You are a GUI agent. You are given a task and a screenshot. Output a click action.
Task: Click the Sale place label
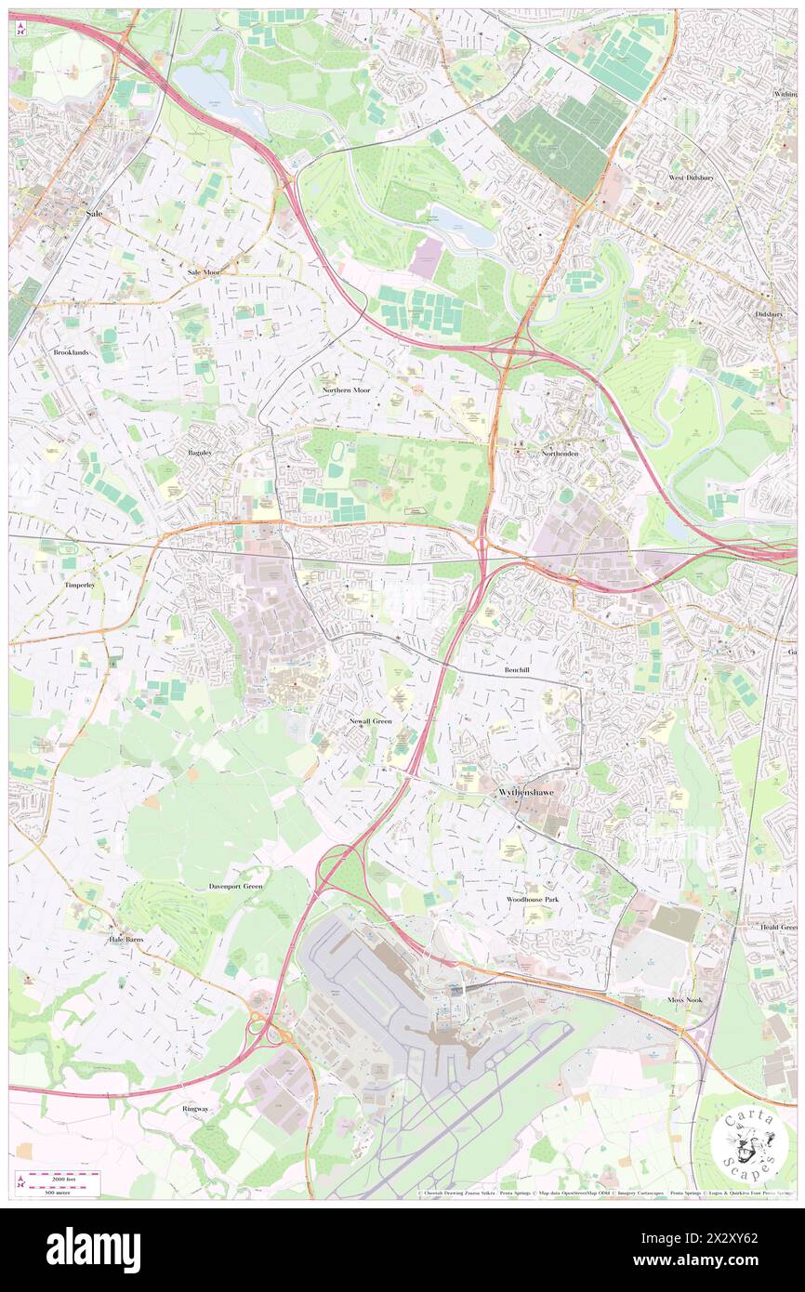tap(94, 214)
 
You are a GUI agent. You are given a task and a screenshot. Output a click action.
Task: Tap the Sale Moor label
tap(205, 272)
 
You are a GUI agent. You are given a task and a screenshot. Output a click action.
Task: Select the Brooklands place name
tap(71, 353)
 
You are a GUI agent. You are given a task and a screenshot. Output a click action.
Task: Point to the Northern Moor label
tap(346, 390)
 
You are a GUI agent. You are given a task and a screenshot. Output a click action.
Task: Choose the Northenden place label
tap(561, 454)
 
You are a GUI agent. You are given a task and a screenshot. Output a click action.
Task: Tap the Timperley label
tap(79, 586)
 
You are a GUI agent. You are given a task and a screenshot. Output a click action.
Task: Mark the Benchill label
tap(517, 669)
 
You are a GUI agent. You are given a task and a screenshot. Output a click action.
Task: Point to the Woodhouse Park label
tap(533, 901)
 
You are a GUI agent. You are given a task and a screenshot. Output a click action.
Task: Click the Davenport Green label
tap(235, 887)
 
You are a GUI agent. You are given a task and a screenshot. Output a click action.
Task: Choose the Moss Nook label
tap(686, 999)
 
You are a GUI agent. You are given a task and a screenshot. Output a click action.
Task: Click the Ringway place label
tap(196, 1110)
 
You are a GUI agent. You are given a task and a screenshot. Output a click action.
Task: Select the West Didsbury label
tap(691, 177)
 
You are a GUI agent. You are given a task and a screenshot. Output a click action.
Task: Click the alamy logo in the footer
tap(94, 1250)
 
